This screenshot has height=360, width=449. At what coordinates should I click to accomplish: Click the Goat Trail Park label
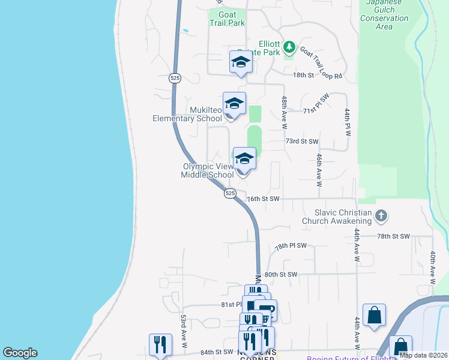228,19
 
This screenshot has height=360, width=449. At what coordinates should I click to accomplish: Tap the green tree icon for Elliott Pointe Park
289,46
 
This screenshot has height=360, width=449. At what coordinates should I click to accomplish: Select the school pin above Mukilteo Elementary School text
234,103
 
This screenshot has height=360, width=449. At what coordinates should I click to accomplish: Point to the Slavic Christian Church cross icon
381,215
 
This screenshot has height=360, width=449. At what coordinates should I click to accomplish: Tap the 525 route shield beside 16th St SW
231,193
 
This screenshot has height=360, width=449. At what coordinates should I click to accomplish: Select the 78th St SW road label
393,237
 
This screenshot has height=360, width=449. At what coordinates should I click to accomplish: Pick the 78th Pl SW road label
291,246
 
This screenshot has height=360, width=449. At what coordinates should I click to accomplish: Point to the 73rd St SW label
301,142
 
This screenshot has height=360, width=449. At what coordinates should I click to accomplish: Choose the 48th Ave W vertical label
284,112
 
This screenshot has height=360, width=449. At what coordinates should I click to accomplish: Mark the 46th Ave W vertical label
319,170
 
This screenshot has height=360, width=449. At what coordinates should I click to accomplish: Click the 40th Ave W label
432,267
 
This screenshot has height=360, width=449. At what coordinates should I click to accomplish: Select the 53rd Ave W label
184,331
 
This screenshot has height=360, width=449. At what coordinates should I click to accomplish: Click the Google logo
20,353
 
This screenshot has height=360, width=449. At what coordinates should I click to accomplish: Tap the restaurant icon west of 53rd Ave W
160,344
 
